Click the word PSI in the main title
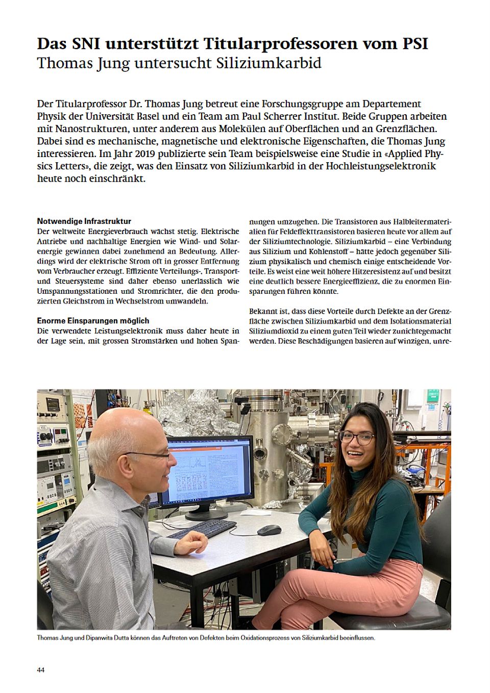(411, 44)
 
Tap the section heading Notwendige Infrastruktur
(84, 221)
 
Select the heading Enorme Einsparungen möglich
(93, 321)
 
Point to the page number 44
(41, 670)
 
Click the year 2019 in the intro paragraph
(126, 153)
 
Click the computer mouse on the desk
(269, 530)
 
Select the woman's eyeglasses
(356, 438)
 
